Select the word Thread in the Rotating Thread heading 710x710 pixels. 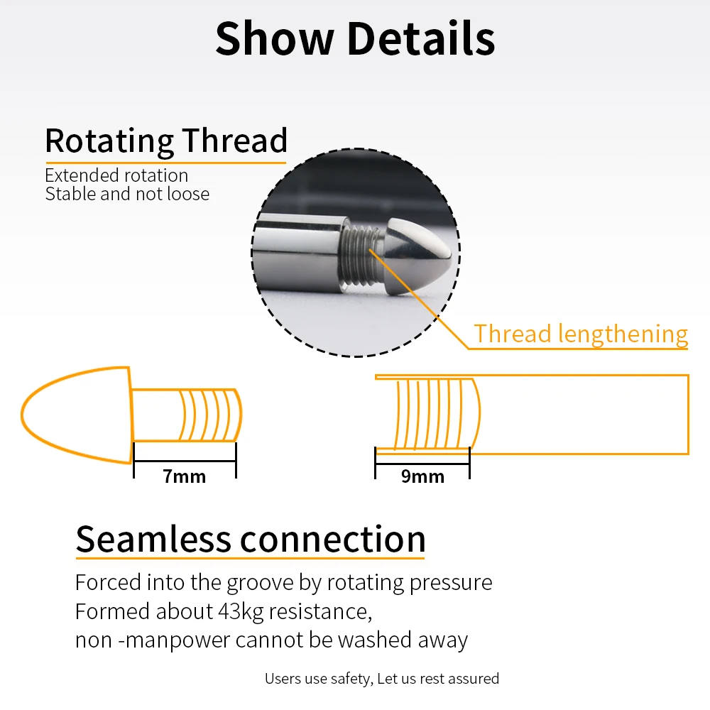tap(234, 141)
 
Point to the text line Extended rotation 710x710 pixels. tap(116, 175)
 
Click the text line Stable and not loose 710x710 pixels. tap(127, 194)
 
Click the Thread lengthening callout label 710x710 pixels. tap(581, 334)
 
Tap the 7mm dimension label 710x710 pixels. tap(185, 476)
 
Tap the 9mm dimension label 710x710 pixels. tap(422, 476)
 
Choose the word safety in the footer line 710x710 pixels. tap(349, 679)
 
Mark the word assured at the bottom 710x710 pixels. tap(473, 679)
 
